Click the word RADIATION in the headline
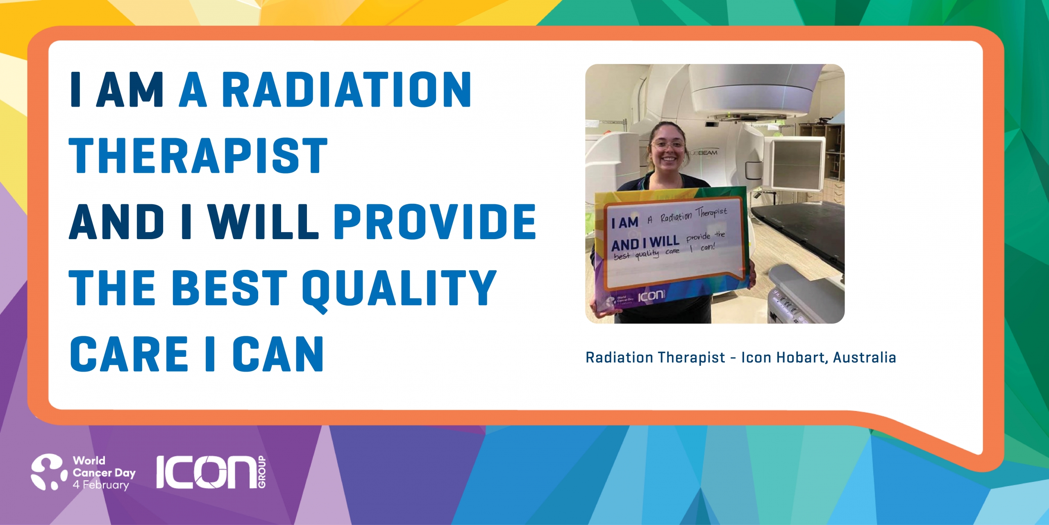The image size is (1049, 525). coord(347,90)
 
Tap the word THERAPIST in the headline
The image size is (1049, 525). coord(198,156)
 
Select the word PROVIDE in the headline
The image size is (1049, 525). coord(435,222)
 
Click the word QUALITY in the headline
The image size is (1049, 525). coord(400,290)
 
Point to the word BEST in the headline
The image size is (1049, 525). coord(230,288)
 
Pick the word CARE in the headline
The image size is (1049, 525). coord(129,354)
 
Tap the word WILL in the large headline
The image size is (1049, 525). coord(263,222)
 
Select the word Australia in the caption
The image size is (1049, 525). coord(865,358)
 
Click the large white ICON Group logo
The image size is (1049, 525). coord(211,472)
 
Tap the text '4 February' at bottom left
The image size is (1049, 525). coord(101,485)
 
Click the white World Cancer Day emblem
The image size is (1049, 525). coord(49,472)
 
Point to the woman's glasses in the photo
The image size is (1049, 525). coord(668,144)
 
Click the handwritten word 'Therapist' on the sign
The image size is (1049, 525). coord(712,212)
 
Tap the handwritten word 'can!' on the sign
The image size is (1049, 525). coord(708,247)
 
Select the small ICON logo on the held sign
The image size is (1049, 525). coord(651,295)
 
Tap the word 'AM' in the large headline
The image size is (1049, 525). coord(131,90)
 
